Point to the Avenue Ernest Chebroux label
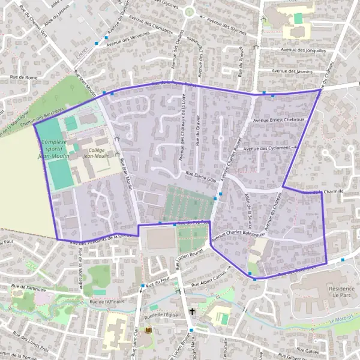(x=278, y=120)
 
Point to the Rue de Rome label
(x=23, y=77)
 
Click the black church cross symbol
(x=192, y=311)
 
